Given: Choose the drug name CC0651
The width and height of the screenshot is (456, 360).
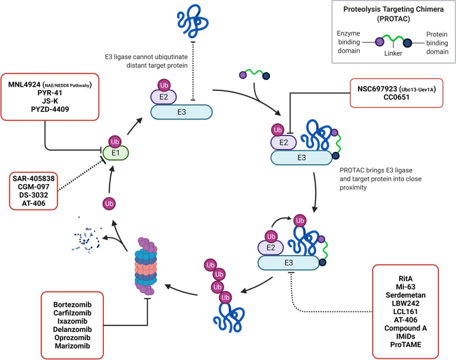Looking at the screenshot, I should [x=396, y=101].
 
